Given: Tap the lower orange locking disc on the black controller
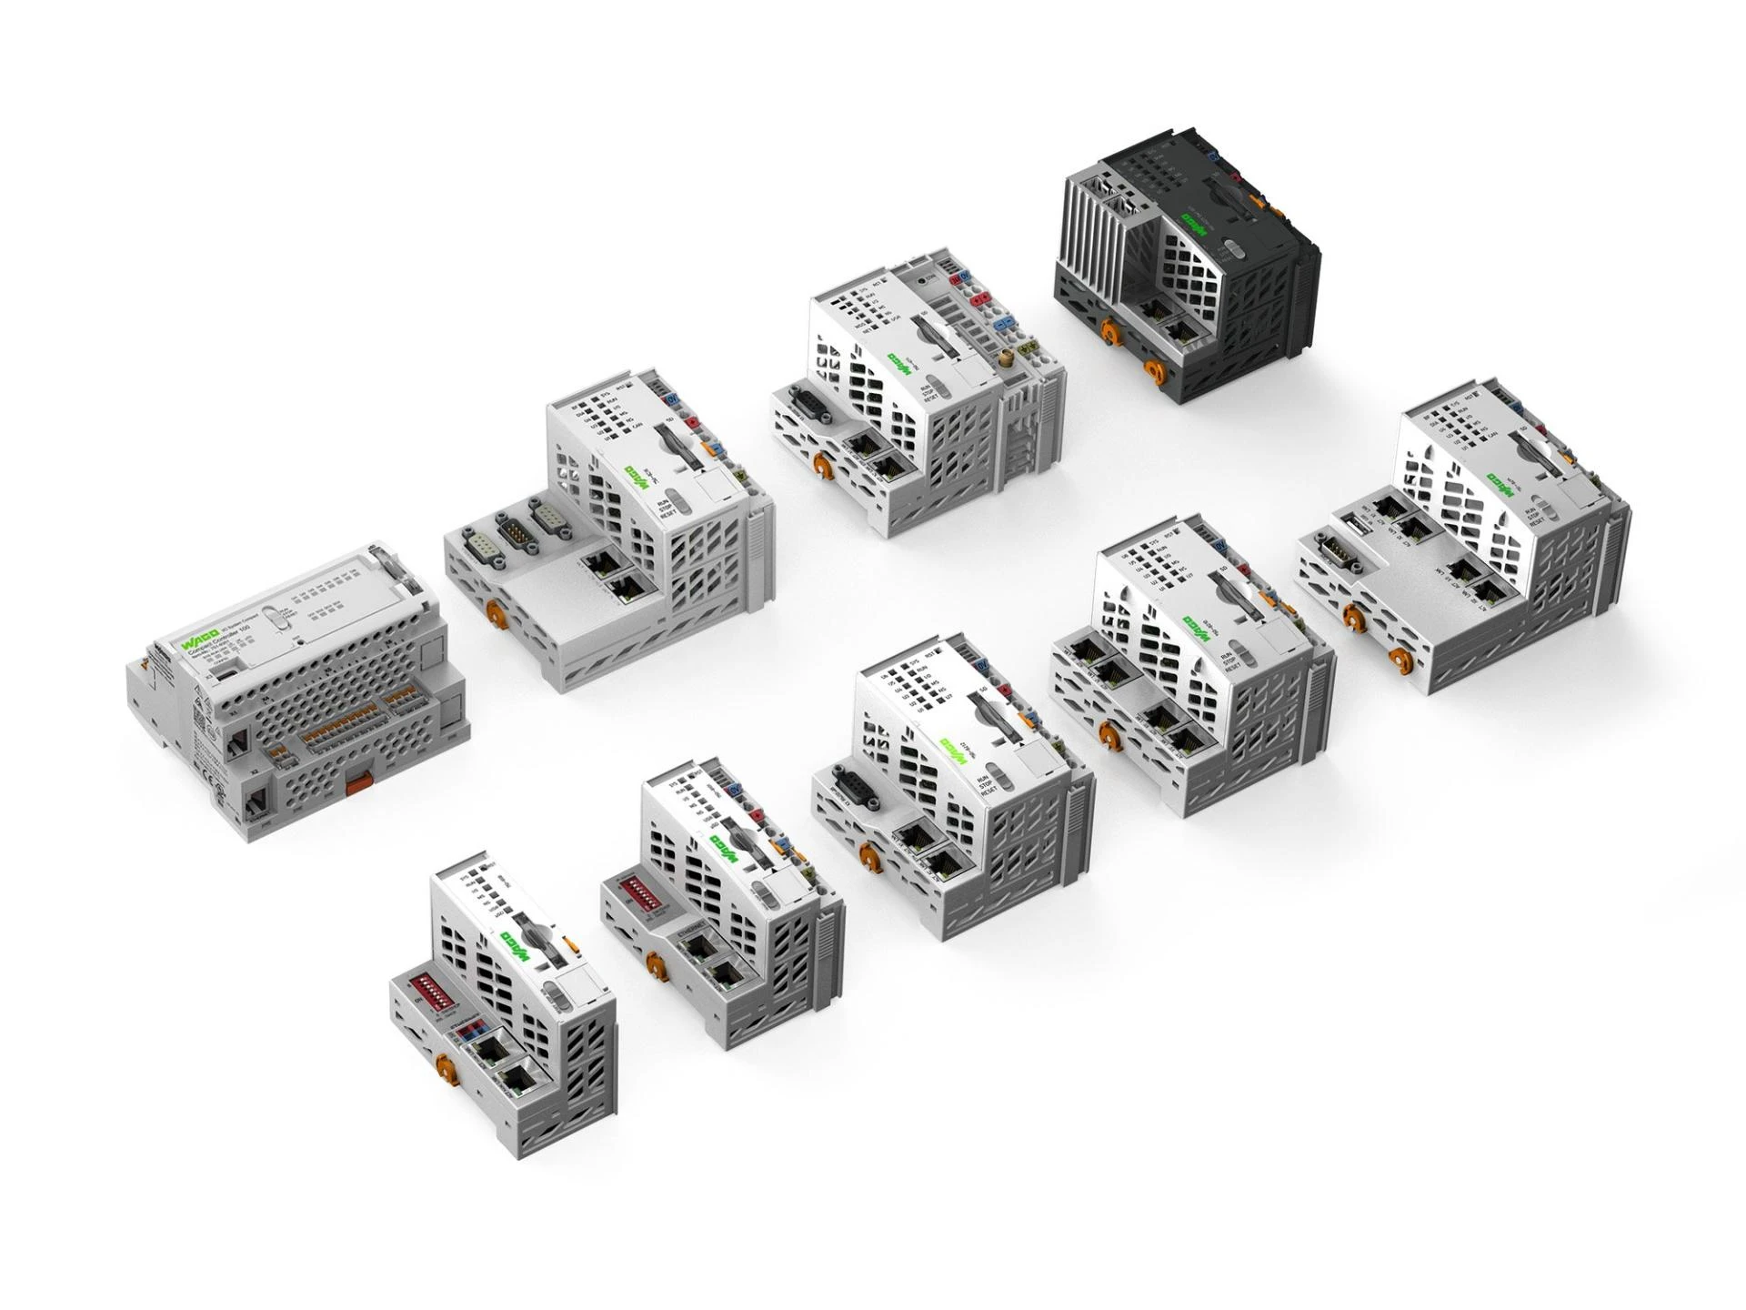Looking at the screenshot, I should (x=1154, y=368).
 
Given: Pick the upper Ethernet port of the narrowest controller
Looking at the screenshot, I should (x=487, y=1048).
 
